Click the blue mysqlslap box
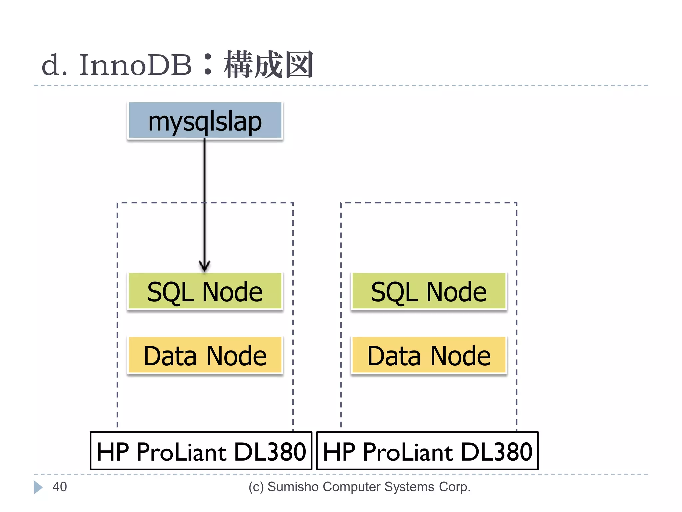(x=205, y=121)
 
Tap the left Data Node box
(x=205, y=356)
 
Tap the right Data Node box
(x=429, y=356)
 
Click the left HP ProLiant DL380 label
(x=201, y=451)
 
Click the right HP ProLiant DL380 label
(x=428, y=451)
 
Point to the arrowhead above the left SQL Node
(x=205, y=266)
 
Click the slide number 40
(x=60, y=487)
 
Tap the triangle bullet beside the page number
(x=38, y=487)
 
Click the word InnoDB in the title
(x=136, y=65)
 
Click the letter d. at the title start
(x=54, y=65)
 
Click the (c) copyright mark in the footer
(x=256, y=487)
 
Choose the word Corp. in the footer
(x=454, y=487)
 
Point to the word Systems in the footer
(x=409, y=487)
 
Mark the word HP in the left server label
(x=113, y=452)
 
